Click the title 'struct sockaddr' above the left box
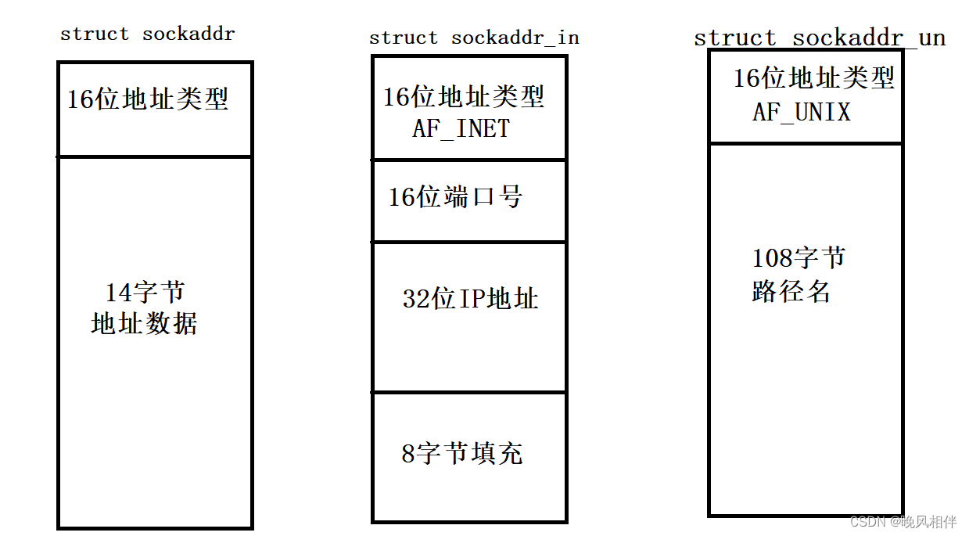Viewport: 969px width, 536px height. [x=147, y=34]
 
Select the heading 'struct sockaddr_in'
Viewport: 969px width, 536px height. [x=474, y=38]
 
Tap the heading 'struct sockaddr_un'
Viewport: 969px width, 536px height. [x=820, y=38]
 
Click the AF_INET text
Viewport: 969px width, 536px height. [x=461, y=128]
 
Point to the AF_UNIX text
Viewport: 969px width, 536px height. [x=802, y=113]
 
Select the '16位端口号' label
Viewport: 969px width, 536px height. [x=455, y=196]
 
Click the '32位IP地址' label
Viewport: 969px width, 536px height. [x=471, y=298]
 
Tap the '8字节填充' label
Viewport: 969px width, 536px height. [x=462, y=453]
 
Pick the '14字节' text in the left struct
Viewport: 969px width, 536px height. [x=145, y=293]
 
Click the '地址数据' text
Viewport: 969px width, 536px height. [x=145, y=323]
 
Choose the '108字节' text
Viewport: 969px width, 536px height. [x=799, y=258]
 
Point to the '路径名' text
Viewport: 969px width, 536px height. [x=791, y=291]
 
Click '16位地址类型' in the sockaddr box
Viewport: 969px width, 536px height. [x=148, y=99]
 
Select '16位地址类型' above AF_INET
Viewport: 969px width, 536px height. [x=464, y=97]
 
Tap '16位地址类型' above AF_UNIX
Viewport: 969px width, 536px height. [x=814, y=78]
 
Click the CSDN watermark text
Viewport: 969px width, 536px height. [x=903, y=522]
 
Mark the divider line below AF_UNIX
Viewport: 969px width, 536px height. [x=806, y=143]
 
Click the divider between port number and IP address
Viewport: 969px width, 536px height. [x=469, y=242]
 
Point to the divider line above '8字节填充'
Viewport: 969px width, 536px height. [x=469, y=392]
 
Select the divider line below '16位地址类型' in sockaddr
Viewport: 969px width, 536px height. [x=155, y=156]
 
